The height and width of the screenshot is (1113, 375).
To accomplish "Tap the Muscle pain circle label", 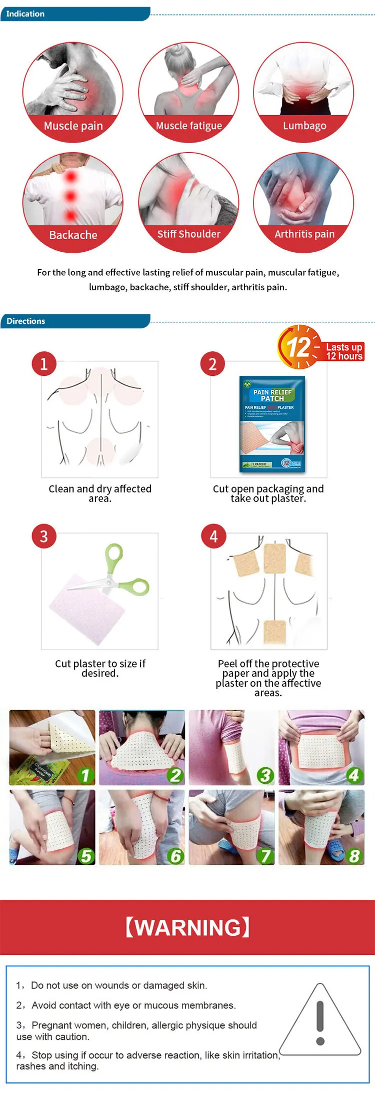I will pyautogui.click(x=73, y=126).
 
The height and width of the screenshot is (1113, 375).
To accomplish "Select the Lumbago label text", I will pyautogui.click(x=304, y=126).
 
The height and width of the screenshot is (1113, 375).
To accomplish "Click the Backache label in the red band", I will pyautogui.click(x=73, y=235).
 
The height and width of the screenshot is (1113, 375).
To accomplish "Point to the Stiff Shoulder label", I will pyautogui.click(x=188, y=234).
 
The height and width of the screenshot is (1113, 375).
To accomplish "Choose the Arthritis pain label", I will pyautogui.click(x=304, y=234).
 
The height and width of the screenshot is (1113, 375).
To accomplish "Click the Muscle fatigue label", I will pyautogui.click(x=188, y=126).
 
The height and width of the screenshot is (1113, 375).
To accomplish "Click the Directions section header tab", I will pyautogui.click(x=26, y=321).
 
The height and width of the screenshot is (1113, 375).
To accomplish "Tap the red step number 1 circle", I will pyautogui.click(x=44, y=364).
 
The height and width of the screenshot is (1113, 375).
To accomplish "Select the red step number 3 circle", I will pyautogui.click(x=44, y=536).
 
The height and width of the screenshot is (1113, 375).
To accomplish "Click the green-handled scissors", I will pyautogui.click(x=120, y=573).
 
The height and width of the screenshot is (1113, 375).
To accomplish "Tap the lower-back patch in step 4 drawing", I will pyautogui.click(x=274, y=632).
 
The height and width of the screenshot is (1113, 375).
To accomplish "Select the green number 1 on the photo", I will pyautogui.click(x=85, y=775).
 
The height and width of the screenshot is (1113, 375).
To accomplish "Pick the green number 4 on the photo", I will pyautogui.click(x=354, y=775).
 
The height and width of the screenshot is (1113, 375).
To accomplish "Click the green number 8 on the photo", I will pyautogui.click(x=354, y=856).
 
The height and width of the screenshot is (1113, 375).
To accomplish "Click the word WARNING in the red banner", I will pyautogui.click(x=187, y=927).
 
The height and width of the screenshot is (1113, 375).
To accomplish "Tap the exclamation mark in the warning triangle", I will pyautogui.click(x=320, y=1022).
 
